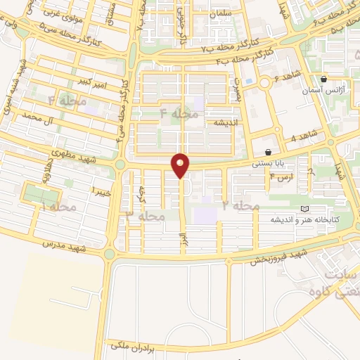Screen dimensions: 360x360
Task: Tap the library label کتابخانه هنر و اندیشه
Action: [x=306, y=220]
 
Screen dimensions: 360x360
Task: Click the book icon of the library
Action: [x=304, y=209]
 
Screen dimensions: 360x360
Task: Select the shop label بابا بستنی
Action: [x=270, y=162]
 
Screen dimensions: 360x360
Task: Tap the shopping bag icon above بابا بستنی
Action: [x=268, y=152]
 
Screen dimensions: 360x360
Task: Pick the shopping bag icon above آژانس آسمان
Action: [x=323, y=79]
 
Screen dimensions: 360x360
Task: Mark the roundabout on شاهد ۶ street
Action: [x=265, y=84]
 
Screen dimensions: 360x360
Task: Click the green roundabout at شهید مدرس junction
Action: [x=109, y=253]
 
